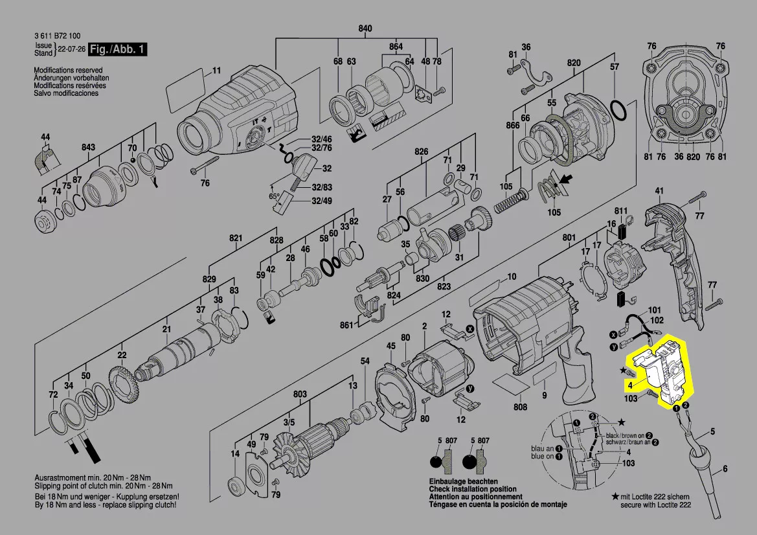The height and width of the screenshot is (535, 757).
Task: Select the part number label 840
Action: point(365,28)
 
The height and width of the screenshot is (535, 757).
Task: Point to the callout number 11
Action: point(217,70)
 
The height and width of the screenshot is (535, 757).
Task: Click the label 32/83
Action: point(321,187)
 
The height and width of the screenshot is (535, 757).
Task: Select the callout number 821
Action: point(235,239)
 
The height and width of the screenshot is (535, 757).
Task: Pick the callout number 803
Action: point(300,394)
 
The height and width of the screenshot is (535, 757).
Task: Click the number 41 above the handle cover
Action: point(659,190)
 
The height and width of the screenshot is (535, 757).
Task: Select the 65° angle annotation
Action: point(274,196)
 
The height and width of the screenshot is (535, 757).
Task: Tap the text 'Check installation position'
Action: point(473,489)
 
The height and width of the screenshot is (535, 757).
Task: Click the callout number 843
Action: point(89,148)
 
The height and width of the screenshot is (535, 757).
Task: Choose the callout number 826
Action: point(422,152)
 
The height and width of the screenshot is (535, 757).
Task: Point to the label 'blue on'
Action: point(542,456)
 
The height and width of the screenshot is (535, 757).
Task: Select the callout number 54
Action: point(365,361)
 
